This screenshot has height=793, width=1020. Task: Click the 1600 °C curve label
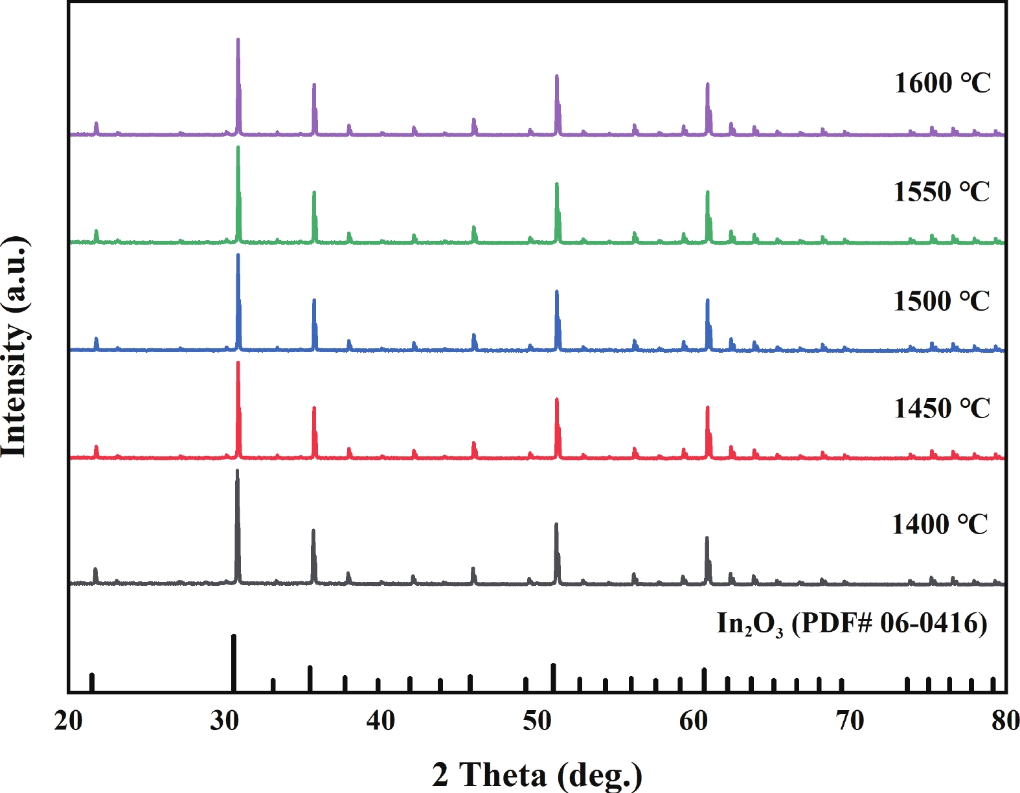[x=942, y=84]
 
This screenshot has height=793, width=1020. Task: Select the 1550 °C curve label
[x=942, y=192]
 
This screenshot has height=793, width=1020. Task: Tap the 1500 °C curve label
[x=942, y=302]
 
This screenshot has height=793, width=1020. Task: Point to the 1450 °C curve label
[x=942, y=409]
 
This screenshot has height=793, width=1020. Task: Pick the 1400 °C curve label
[x=940, y=525]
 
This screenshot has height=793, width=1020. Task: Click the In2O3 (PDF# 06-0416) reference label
[x=852, y=624]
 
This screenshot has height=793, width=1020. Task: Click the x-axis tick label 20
[x=69, y=720]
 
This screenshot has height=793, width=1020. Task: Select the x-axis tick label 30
[x=225, y=720]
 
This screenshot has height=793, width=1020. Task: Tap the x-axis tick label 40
[x=381, y=720]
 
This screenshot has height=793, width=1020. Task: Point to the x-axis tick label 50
[x=537, y=720]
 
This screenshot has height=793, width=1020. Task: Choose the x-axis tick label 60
[x=694, y=720]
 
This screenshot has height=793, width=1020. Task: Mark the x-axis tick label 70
[x=850, y=720]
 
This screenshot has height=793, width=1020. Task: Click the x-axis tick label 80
[x=1005, y=720]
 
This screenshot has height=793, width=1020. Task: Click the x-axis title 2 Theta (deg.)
[x=537, y=774]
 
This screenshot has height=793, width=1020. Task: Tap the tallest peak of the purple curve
[x=238, y=40]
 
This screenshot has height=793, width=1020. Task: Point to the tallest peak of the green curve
[x=238, y=148]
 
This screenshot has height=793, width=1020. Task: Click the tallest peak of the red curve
[x=238, y=363]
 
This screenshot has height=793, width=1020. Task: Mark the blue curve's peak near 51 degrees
[x=557, y=293]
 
